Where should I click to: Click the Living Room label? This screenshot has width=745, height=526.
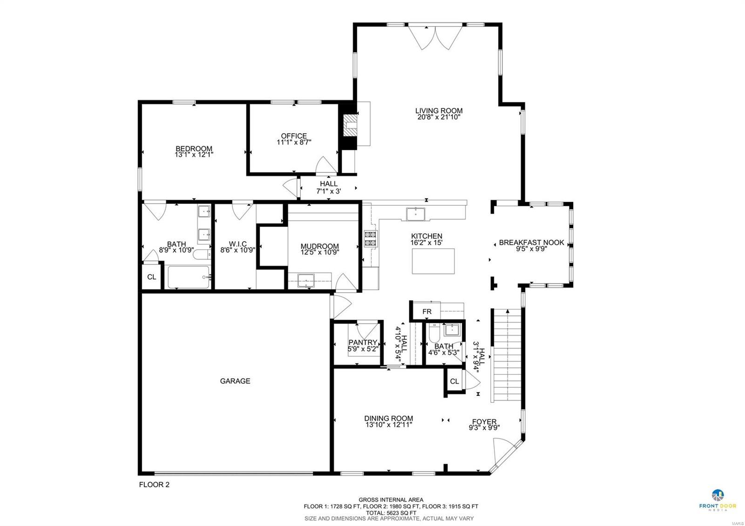439,111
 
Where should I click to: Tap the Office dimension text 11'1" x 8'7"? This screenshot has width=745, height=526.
294,142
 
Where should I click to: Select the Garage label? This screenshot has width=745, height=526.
235,381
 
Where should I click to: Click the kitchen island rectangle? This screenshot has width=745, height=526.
433,261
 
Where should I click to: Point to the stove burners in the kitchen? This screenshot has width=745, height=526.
370,238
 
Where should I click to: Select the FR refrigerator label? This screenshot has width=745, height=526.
427,311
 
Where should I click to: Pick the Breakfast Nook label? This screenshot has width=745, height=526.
531,243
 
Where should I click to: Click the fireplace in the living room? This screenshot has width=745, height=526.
349,125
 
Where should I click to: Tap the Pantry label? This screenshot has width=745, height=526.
362,342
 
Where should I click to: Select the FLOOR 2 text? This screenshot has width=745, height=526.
154,485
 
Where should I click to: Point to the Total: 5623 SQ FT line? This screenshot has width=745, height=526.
391,512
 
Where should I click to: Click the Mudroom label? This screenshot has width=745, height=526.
319,246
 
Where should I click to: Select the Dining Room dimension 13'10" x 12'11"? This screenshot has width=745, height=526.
388,425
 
